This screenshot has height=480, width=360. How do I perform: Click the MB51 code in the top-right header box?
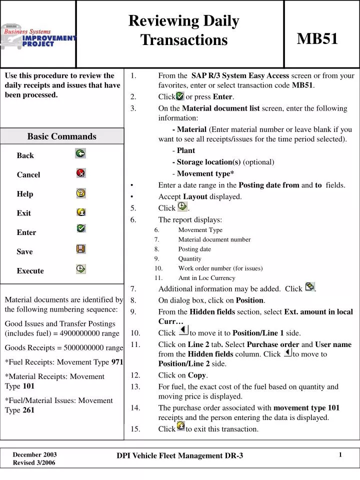317,38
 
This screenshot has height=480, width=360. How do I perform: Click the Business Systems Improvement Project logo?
38,36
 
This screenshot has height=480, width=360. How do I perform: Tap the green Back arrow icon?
80,153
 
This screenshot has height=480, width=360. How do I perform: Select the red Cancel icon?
80,173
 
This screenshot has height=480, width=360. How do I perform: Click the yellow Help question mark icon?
80,192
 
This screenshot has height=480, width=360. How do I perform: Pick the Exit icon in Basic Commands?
80,211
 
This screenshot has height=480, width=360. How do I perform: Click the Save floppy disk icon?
80,248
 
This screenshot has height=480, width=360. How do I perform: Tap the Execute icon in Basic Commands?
80,268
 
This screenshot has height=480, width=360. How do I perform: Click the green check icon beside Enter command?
80,228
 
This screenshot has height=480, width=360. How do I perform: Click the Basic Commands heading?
61,136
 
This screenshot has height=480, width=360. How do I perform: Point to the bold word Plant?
186,150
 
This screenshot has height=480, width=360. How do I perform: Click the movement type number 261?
29,410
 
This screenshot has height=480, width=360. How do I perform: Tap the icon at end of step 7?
310,287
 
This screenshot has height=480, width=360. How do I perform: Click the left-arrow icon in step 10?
183,330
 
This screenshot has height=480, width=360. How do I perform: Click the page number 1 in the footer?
340,454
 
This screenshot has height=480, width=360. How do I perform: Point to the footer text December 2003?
34,454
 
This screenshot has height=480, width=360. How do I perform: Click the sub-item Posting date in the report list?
194,249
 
